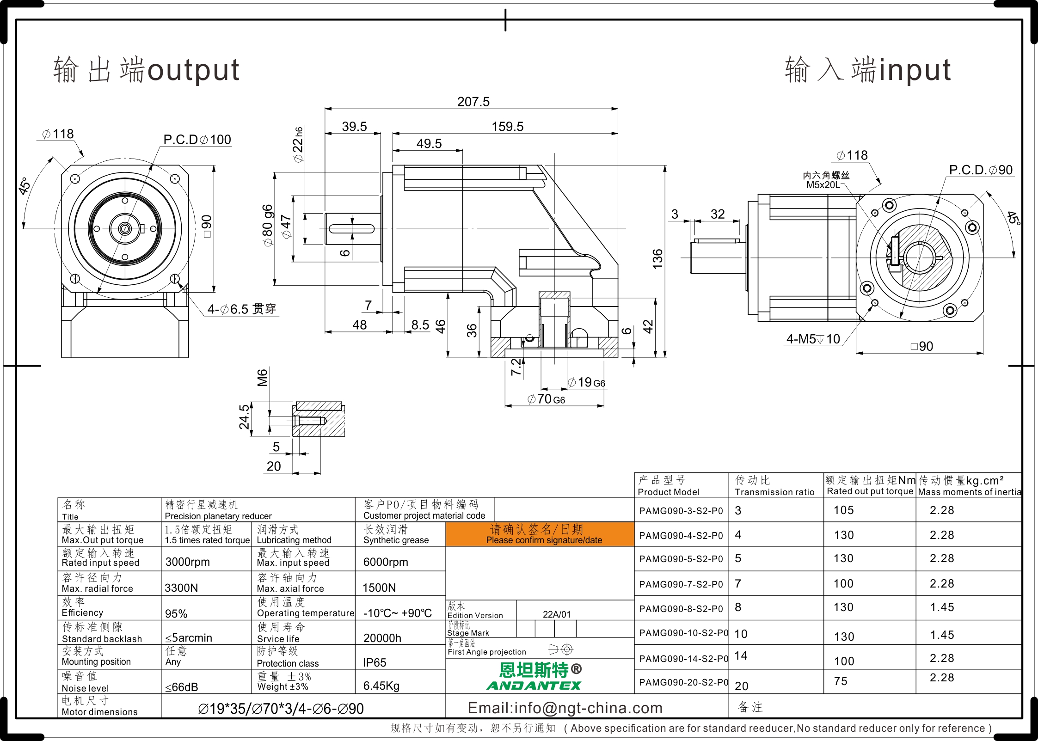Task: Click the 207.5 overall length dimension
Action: pos(473,102)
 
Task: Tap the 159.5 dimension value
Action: pos(507,127)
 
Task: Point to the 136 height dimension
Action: pos(657,259)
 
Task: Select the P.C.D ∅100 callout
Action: pos(197,140)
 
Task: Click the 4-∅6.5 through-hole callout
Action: pos(241,309)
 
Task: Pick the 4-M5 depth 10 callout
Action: pos(813,339)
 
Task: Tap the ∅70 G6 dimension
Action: pos(546,399)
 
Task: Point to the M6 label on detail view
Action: pos(262,378)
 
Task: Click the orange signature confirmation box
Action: pos(540,534)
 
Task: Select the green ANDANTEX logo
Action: pos(534,685)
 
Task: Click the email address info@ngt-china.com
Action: pos(565,708)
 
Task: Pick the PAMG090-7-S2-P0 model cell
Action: pos(681,584)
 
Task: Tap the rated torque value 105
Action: pos(843,510)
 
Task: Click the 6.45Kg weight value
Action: pos(381,686)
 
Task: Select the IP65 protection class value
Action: pos(375,662)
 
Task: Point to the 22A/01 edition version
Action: pos(557,614)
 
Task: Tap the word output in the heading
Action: pos(193,70)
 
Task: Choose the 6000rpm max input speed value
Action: pos(386,562)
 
